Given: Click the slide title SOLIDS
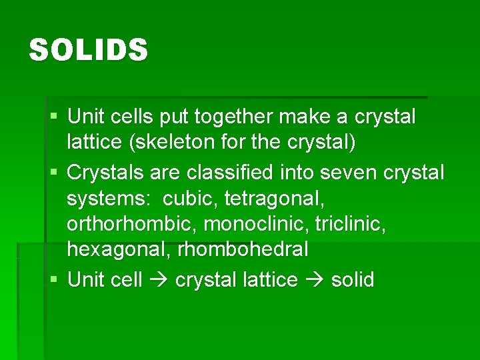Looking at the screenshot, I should [x=88, y=51].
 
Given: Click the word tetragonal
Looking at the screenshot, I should [x=277, y=198].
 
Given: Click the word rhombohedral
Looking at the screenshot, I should [x=243, y=249].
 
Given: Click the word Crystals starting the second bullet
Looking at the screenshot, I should [x=106, y=172].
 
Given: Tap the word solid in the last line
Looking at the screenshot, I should [x=353, y=280].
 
